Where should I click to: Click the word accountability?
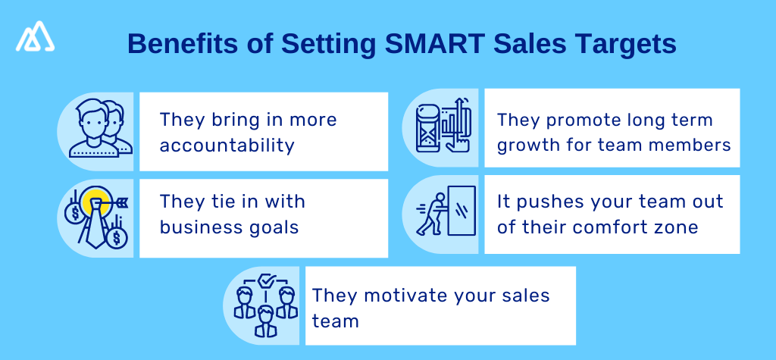click(227, 145)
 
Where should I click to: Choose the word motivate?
click(398, 296)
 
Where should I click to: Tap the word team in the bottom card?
click(335, 321)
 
